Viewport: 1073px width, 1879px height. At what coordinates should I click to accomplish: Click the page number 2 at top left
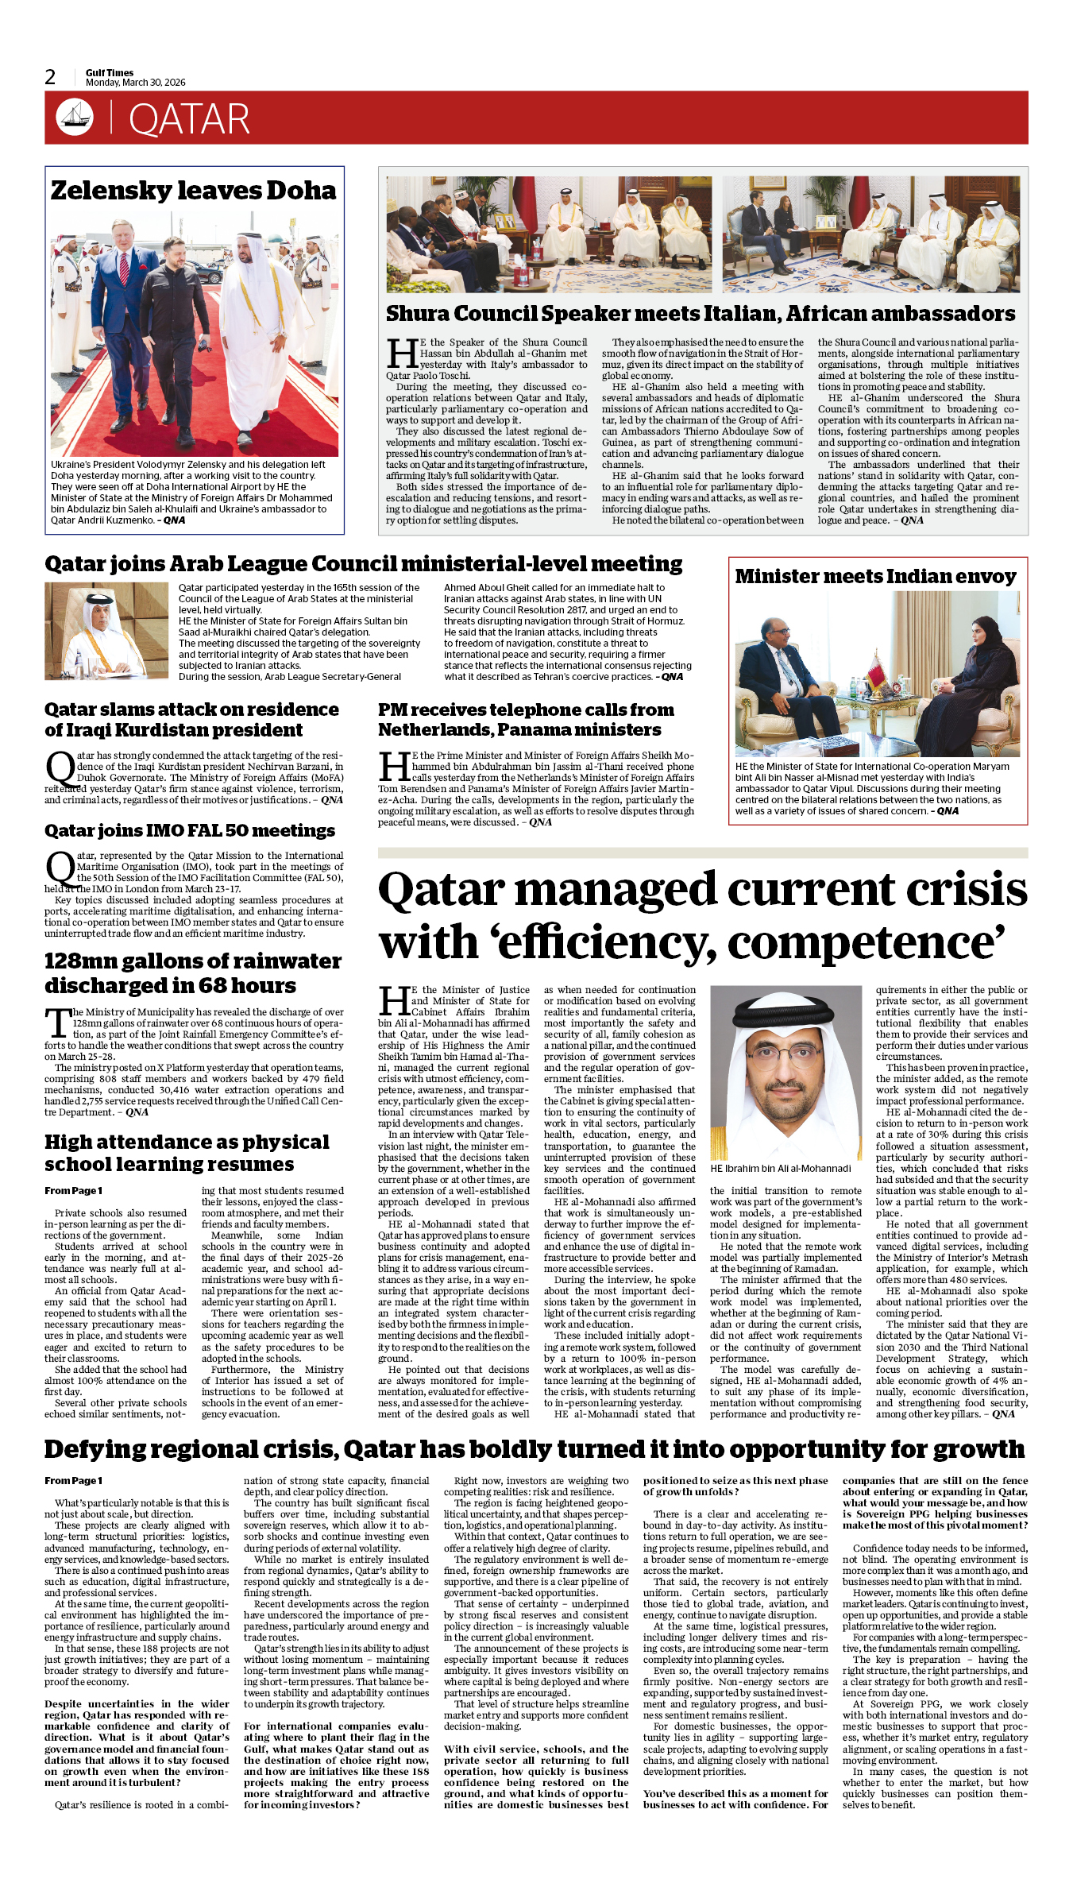(x=50, y=77)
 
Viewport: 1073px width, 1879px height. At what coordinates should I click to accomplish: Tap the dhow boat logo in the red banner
(x=75, y=117)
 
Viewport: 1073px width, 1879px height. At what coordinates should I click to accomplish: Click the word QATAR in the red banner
(x=189, y=120)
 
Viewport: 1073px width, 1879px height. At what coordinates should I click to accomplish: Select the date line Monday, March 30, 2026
(x=135, y=83)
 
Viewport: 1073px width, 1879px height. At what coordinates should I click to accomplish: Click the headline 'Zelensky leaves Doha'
(x=193, y=191)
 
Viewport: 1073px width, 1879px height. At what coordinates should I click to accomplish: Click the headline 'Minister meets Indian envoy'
(x=875, y=576)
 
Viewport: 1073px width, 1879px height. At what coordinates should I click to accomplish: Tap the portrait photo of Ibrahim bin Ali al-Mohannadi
(x=785, y=1072)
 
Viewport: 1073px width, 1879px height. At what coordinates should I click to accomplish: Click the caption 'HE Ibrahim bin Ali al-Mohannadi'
(x=780, y=1168)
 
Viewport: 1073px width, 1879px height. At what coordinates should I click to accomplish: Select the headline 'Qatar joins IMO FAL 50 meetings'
(x=190, y=830)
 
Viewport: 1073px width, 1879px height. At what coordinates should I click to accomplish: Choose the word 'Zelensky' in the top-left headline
(x=111, y=191)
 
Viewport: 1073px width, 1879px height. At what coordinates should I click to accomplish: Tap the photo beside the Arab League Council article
(x=106, y=631)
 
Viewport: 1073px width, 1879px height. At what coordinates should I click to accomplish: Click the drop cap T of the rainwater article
(x=58, y=1023)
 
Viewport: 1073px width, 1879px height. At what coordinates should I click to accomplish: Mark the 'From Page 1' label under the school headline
(x=73, y=1190)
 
